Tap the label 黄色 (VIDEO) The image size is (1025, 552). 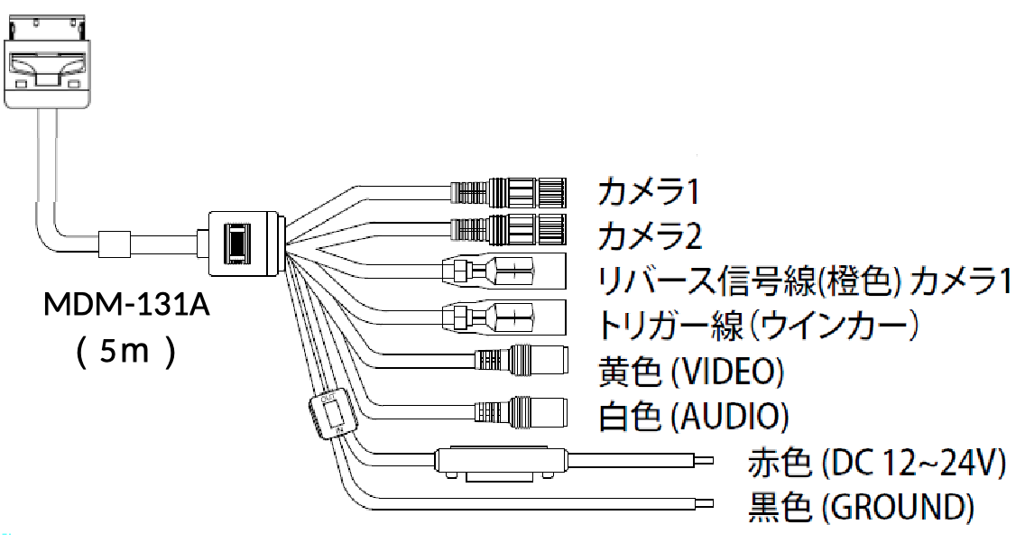pos(690,372)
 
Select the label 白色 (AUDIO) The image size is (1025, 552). pos(693,417)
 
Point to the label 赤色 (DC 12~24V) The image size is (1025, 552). pos(876,464)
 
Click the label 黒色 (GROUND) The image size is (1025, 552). pos(861,508)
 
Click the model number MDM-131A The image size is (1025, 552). pos(127,307)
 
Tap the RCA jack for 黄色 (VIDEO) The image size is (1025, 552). pos(523,361)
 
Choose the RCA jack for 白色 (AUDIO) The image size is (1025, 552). pos(523,413)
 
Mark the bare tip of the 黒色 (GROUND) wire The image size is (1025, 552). pos(704,505)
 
